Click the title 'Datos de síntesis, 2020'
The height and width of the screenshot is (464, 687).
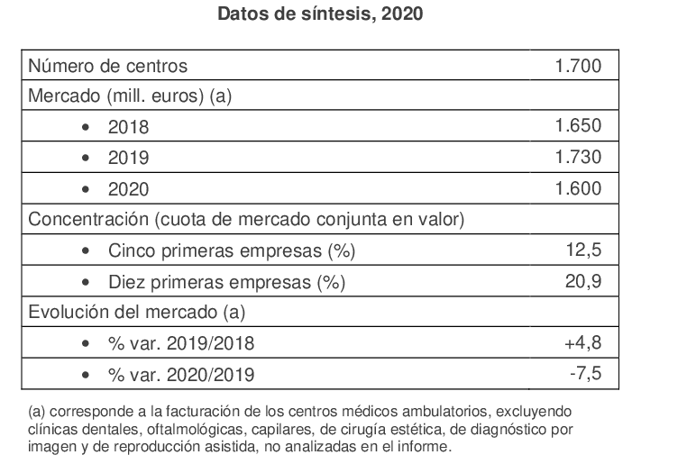(321, 14)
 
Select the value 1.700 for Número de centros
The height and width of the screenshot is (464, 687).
(578, 66)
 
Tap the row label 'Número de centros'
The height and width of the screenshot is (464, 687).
(109, 66)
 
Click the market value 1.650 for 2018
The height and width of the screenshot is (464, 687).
(578, 126)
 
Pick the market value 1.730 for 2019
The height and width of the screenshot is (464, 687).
(578, 157)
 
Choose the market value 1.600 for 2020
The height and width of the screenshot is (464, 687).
(578, 188)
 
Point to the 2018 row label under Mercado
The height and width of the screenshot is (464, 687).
(128, 127)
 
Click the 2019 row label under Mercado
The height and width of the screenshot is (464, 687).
(128, 158)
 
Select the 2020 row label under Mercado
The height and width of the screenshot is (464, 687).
(128, 189)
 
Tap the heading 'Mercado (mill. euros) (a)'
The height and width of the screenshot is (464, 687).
(131, 96)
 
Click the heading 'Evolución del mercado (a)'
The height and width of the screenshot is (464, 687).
(138, 313)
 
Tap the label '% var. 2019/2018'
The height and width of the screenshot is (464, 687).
(180, 343)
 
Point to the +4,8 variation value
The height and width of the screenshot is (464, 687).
(582, 343)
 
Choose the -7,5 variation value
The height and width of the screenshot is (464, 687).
(584, 374)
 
